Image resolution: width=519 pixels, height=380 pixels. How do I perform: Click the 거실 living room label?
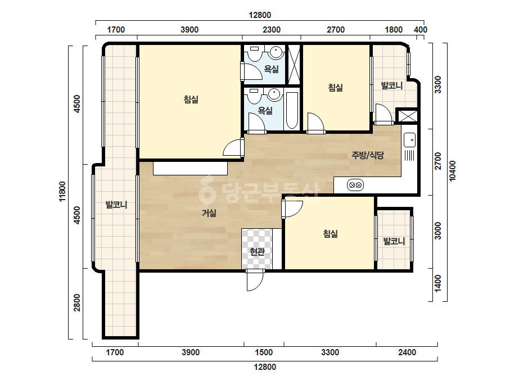pyautogui.click(x=209, y=213)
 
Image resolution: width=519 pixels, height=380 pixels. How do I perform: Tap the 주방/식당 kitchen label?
pyautogui.click(x=368, y=155)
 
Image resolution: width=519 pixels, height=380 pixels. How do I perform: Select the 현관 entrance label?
pyautogui.click(x=257, y=252)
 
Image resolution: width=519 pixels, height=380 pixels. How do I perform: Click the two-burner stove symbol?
pyautogui.click(x=355, y=185)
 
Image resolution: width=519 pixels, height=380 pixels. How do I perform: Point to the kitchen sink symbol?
pyautogui.click(x=409, y=140)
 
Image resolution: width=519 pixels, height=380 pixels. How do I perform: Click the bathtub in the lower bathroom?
pyautogui.click(x=292, y=111)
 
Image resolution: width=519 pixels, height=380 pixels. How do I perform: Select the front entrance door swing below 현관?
pyautogui.click(x=255, y=280)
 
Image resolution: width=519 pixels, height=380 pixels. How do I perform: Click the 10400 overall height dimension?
pyautogui.click(x=453, y=171)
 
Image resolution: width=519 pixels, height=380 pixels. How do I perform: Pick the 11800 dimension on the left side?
pyautogui.click(x=62, y=191)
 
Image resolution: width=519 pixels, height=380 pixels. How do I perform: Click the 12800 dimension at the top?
pyautogui.click(x=260, y=15)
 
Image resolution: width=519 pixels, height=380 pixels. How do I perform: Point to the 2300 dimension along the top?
pyautogui.click(x=272, y=30)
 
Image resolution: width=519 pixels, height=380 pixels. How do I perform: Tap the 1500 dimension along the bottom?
pyautogui.click(x=264, y=352)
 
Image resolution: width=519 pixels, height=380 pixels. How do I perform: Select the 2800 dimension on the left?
pyautogui.click(x=77, y=302)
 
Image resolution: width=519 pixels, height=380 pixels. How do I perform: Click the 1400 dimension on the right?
pyautogui.click(x=438, y=284)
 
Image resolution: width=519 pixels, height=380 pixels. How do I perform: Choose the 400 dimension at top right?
pyautogui.click(x=421, y=30)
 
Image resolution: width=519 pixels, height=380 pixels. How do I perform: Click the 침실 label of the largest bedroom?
pyautogui.click(x=191, y=99)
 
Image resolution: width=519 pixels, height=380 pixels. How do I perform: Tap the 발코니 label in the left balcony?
pyautogui.click(x=116, y=205)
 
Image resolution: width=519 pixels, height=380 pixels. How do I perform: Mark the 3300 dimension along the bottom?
pyautogui.click(x=330, y=352)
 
